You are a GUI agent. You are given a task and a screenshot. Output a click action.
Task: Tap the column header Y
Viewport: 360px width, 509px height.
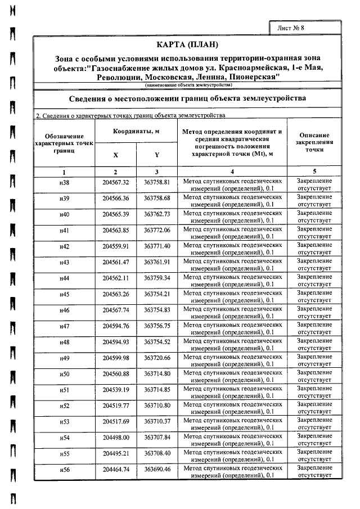click(157, 155)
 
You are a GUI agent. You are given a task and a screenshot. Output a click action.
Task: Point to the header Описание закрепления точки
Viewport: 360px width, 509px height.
click(314, 143)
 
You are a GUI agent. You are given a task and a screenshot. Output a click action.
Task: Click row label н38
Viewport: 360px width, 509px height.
click(65, 183)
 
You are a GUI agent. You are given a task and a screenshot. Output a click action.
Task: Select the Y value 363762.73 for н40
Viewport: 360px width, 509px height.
click(157, 215)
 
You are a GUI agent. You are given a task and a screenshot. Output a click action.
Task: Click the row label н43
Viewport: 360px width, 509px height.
click(65, 263)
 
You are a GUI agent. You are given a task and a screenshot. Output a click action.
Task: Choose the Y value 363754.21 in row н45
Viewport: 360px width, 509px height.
click(157, 294)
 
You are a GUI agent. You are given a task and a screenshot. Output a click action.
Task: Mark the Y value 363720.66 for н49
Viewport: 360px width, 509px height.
click(157, 358)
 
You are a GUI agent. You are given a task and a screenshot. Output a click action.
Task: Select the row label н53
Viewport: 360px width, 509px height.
click(65, 421)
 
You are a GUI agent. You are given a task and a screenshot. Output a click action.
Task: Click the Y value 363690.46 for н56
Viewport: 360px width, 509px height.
click(157, 469)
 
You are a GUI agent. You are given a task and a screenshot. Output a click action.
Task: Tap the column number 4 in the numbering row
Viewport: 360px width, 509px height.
click(232, 172)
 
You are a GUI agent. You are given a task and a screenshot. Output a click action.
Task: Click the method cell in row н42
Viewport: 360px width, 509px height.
click(232, 246)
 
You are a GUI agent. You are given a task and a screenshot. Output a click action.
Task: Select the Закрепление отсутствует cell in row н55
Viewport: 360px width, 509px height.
click(314, 453)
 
